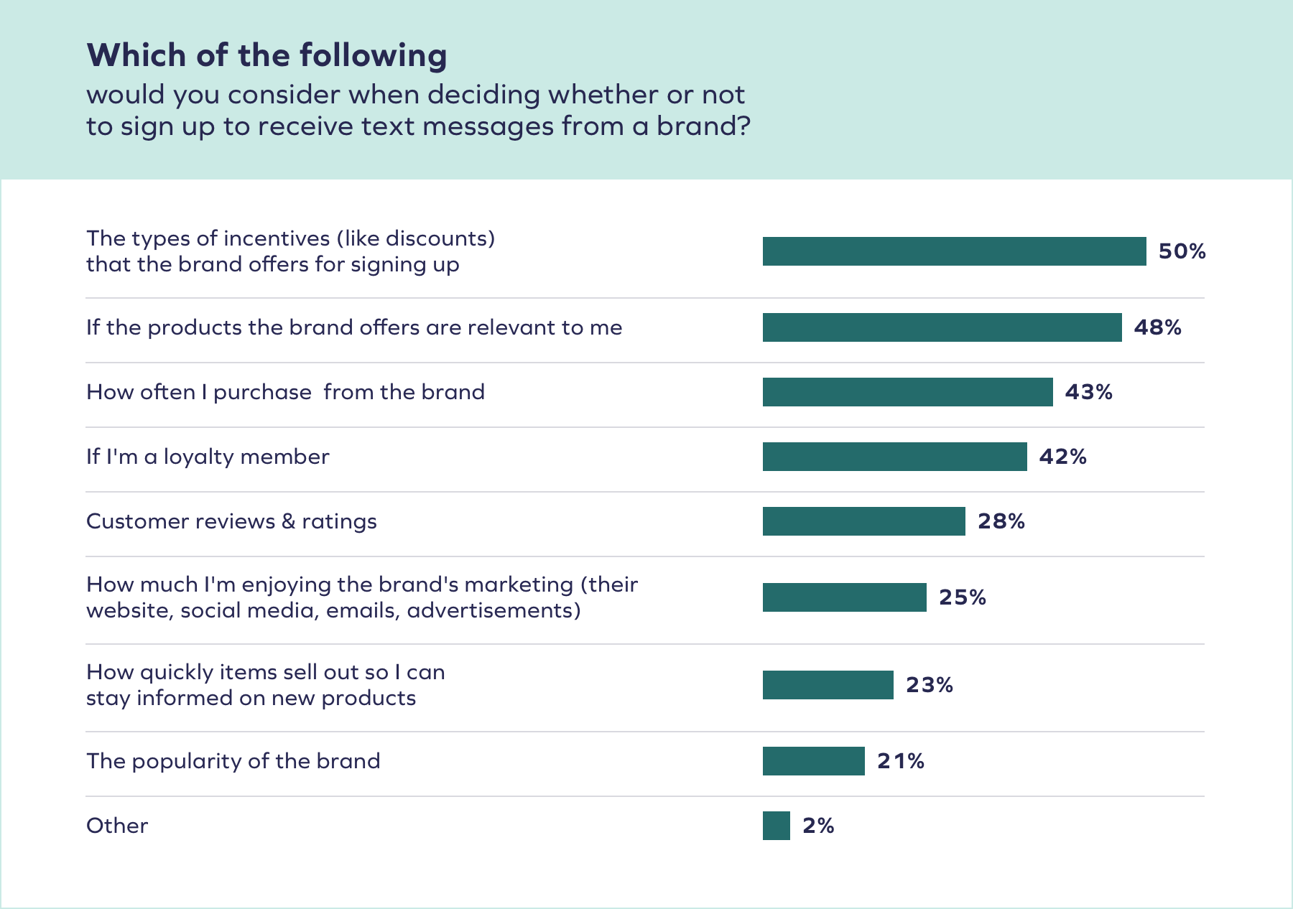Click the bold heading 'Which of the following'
(x=267, y=55)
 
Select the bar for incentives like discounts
(x=954, y=251)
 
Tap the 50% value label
(x=1182, y=251)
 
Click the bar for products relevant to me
(x=942, y=327)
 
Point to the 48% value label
(x=1157, y=327)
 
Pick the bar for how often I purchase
(x=907, y=392)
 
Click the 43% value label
(x=1088, y=392)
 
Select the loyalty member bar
(x=894, y=457)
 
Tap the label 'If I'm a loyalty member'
(x=208, y=457)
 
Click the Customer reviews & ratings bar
(x=863, y=521)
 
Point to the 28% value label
(x=1001, y=521)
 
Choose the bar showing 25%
(x=844, y=597)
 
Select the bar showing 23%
(x=828, y=685)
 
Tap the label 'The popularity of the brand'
(x=233, y=761)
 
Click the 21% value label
(x=900, y=761)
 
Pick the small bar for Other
(x=776, y=826)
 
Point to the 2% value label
(x=818, y=826)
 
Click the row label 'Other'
(x=117, y=826)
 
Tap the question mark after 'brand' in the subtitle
(x=743, y=126)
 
